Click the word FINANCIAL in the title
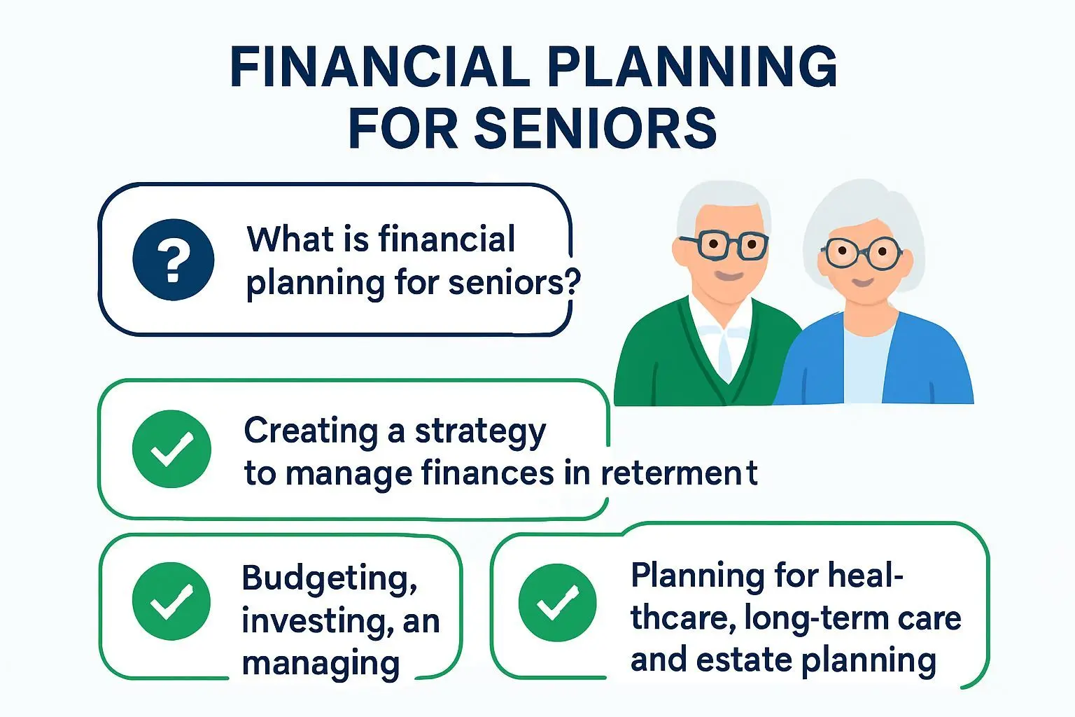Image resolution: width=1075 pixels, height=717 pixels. click(379, 67)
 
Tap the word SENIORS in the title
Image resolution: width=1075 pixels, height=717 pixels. click(596, 127)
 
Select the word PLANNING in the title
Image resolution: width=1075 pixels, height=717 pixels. click(692, 67)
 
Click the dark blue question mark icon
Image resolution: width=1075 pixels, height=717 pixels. click(174, 260)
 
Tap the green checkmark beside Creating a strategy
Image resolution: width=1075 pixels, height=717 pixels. click(171, 449)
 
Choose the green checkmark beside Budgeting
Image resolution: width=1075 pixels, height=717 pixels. click(171, 601)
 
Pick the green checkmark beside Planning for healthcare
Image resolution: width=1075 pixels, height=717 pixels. click(557, 603)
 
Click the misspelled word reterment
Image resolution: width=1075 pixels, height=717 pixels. click(680, 473)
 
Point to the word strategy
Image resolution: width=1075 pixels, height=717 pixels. click(480, 433)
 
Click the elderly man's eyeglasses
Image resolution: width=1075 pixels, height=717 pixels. click(724, 245)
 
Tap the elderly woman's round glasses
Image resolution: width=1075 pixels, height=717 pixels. click(862, 253)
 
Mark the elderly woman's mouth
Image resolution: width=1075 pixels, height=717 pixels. click(862, 282)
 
